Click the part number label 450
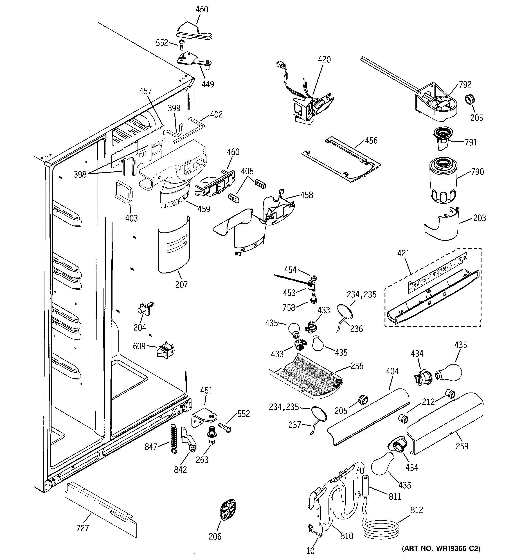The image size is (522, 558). point(202,9)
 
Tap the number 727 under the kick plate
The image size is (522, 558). point(82,528)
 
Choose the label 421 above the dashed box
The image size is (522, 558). point(403,253)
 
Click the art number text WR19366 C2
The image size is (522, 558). point(441,548)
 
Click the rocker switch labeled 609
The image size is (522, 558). point(166,351)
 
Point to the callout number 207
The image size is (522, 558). point(181,285)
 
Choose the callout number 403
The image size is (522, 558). point(131,218)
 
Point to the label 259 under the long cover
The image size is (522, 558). point(462,446)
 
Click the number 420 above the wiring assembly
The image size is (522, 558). point(324,60)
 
